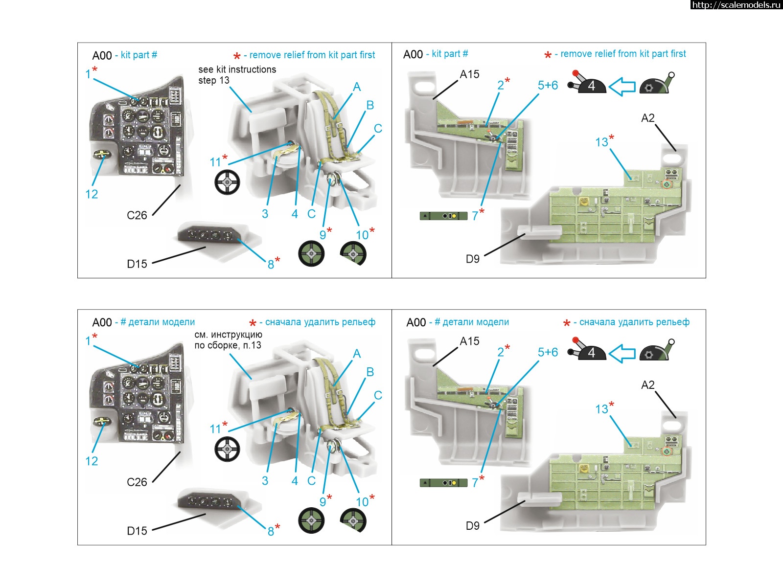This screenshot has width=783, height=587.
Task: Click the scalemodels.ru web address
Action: pyautogui.click(x=736, y=5)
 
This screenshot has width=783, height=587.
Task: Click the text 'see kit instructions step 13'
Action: pyautogui.click(x=237, y=75)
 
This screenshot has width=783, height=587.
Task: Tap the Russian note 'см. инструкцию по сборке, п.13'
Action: pyautogui.click(x=228, y=340)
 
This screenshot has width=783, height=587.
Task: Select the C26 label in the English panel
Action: pyautogui.click(x=137, y=215)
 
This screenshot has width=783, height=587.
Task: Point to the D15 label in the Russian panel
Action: pyautogui.click(x=137, y=531)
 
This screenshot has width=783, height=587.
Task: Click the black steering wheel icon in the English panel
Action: pyautogui.click(x=227, y=182)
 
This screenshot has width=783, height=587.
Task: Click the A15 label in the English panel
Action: pyautogui.click(x=469, y=74)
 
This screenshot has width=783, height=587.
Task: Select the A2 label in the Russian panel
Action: pyautogui.click(x=647, y=385)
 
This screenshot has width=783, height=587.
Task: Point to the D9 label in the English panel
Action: pyautogui.click(x=472, y=259)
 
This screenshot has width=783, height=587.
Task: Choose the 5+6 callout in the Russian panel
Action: pyautogui.click(x=548, y=352)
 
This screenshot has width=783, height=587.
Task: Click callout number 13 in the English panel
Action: pyautogui.click(x=601, y=142)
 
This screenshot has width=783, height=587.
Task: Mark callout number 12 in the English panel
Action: pyautogui.click(x=92, y=194)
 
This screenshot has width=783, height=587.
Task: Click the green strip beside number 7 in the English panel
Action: pyautogui.click(x=443, y=216)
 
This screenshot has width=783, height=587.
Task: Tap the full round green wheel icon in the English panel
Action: pyautogui.click(x=311, y=254)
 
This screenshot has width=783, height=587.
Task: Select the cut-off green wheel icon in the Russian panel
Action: pyautogui.click(x=353, y=520)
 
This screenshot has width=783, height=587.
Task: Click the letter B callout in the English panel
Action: pyautogui.click(x=370, y=105)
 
